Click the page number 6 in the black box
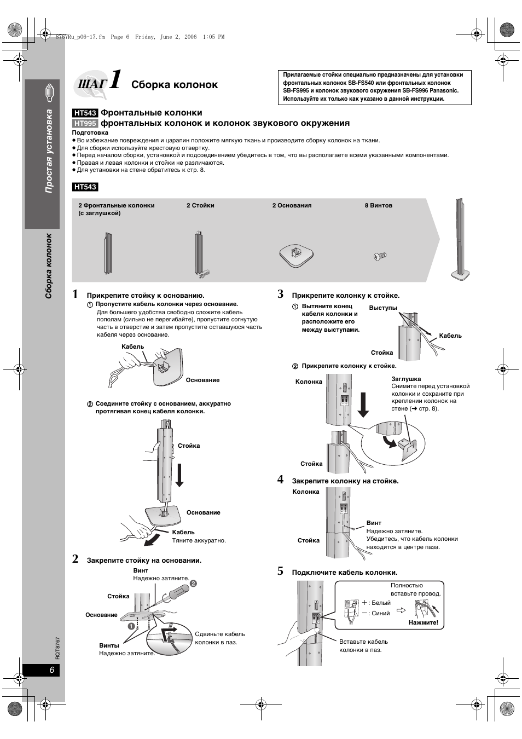coord(52,671)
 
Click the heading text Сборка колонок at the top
coord(175,85)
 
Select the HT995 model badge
coord(85,123)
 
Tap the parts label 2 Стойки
coord(200,206)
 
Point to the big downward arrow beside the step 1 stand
coord(179,474)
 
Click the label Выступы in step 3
coord(383,308)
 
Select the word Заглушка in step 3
coord(406,379)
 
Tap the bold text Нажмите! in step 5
coord(424,622)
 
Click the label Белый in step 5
coord(381,603)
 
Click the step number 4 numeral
coord(280,480)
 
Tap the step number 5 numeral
coord(280,571)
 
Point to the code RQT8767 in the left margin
coord(57,647)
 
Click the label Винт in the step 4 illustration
coord(374,523)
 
